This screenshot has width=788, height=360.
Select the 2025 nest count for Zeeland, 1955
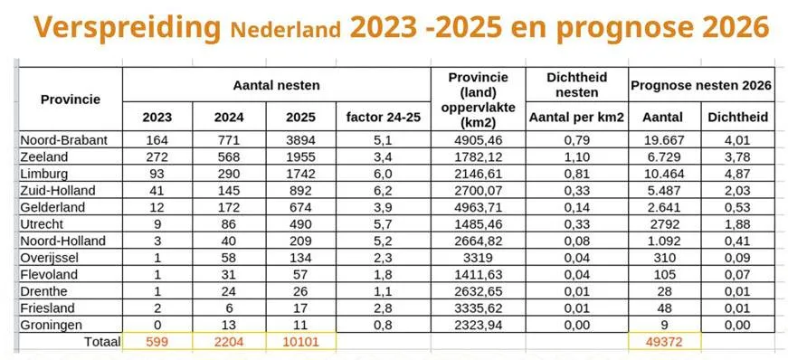[x=300, y=156]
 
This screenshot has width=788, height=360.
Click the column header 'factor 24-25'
[x=381, y=117]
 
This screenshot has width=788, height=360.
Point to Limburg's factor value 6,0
[x=381, y=172]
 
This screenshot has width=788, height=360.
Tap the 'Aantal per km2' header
[x=575, y=117]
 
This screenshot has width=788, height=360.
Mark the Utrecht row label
[x=46, y=223]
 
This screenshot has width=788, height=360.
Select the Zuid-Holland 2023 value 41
[x=157, y=190]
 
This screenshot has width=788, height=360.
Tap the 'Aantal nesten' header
[x=276, y=83]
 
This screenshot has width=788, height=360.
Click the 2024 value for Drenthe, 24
[x=229, y=290]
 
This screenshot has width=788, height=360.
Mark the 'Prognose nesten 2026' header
[x=701, y=85]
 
